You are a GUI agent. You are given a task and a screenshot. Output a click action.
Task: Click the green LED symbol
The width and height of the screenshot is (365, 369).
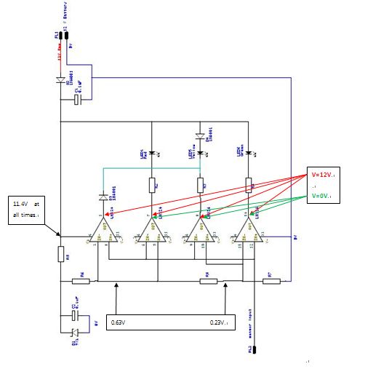tap(249, 152)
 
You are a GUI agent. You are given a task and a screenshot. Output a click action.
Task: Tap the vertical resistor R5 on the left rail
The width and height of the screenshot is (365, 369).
tap(60, 254)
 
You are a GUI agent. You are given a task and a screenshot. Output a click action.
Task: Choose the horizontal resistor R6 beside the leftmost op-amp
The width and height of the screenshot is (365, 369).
tap(83, 281)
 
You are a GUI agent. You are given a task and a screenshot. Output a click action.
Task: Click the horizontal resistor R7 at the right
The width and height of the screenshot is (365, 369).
tap(270, 281)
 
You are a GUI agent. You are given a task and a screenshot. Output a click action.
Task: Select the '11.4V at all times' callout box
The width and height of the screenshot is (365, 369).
tap(28, 208)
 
